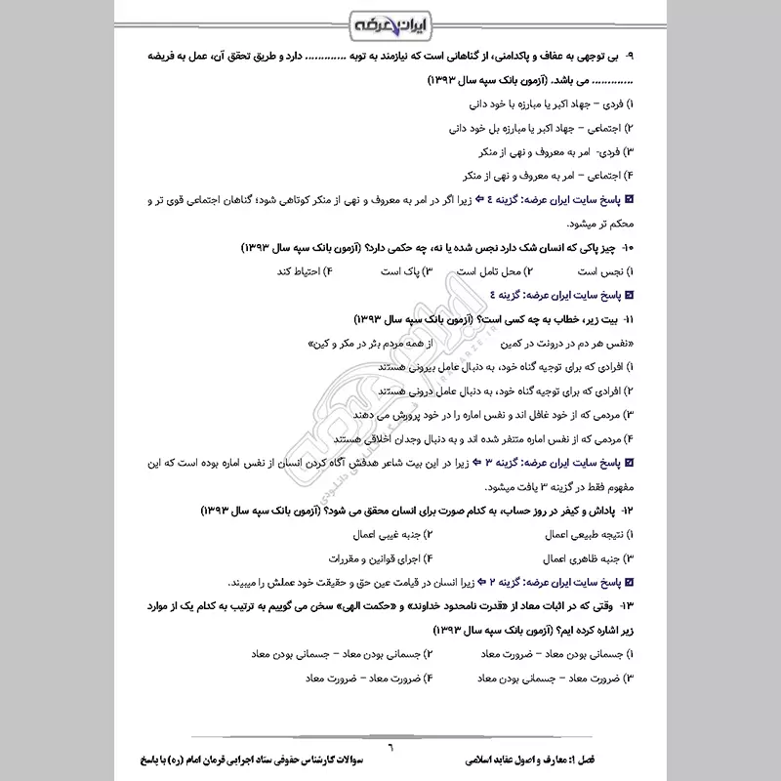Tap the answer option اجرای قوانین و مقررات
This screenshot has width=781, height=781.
[x=371, y=558]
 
